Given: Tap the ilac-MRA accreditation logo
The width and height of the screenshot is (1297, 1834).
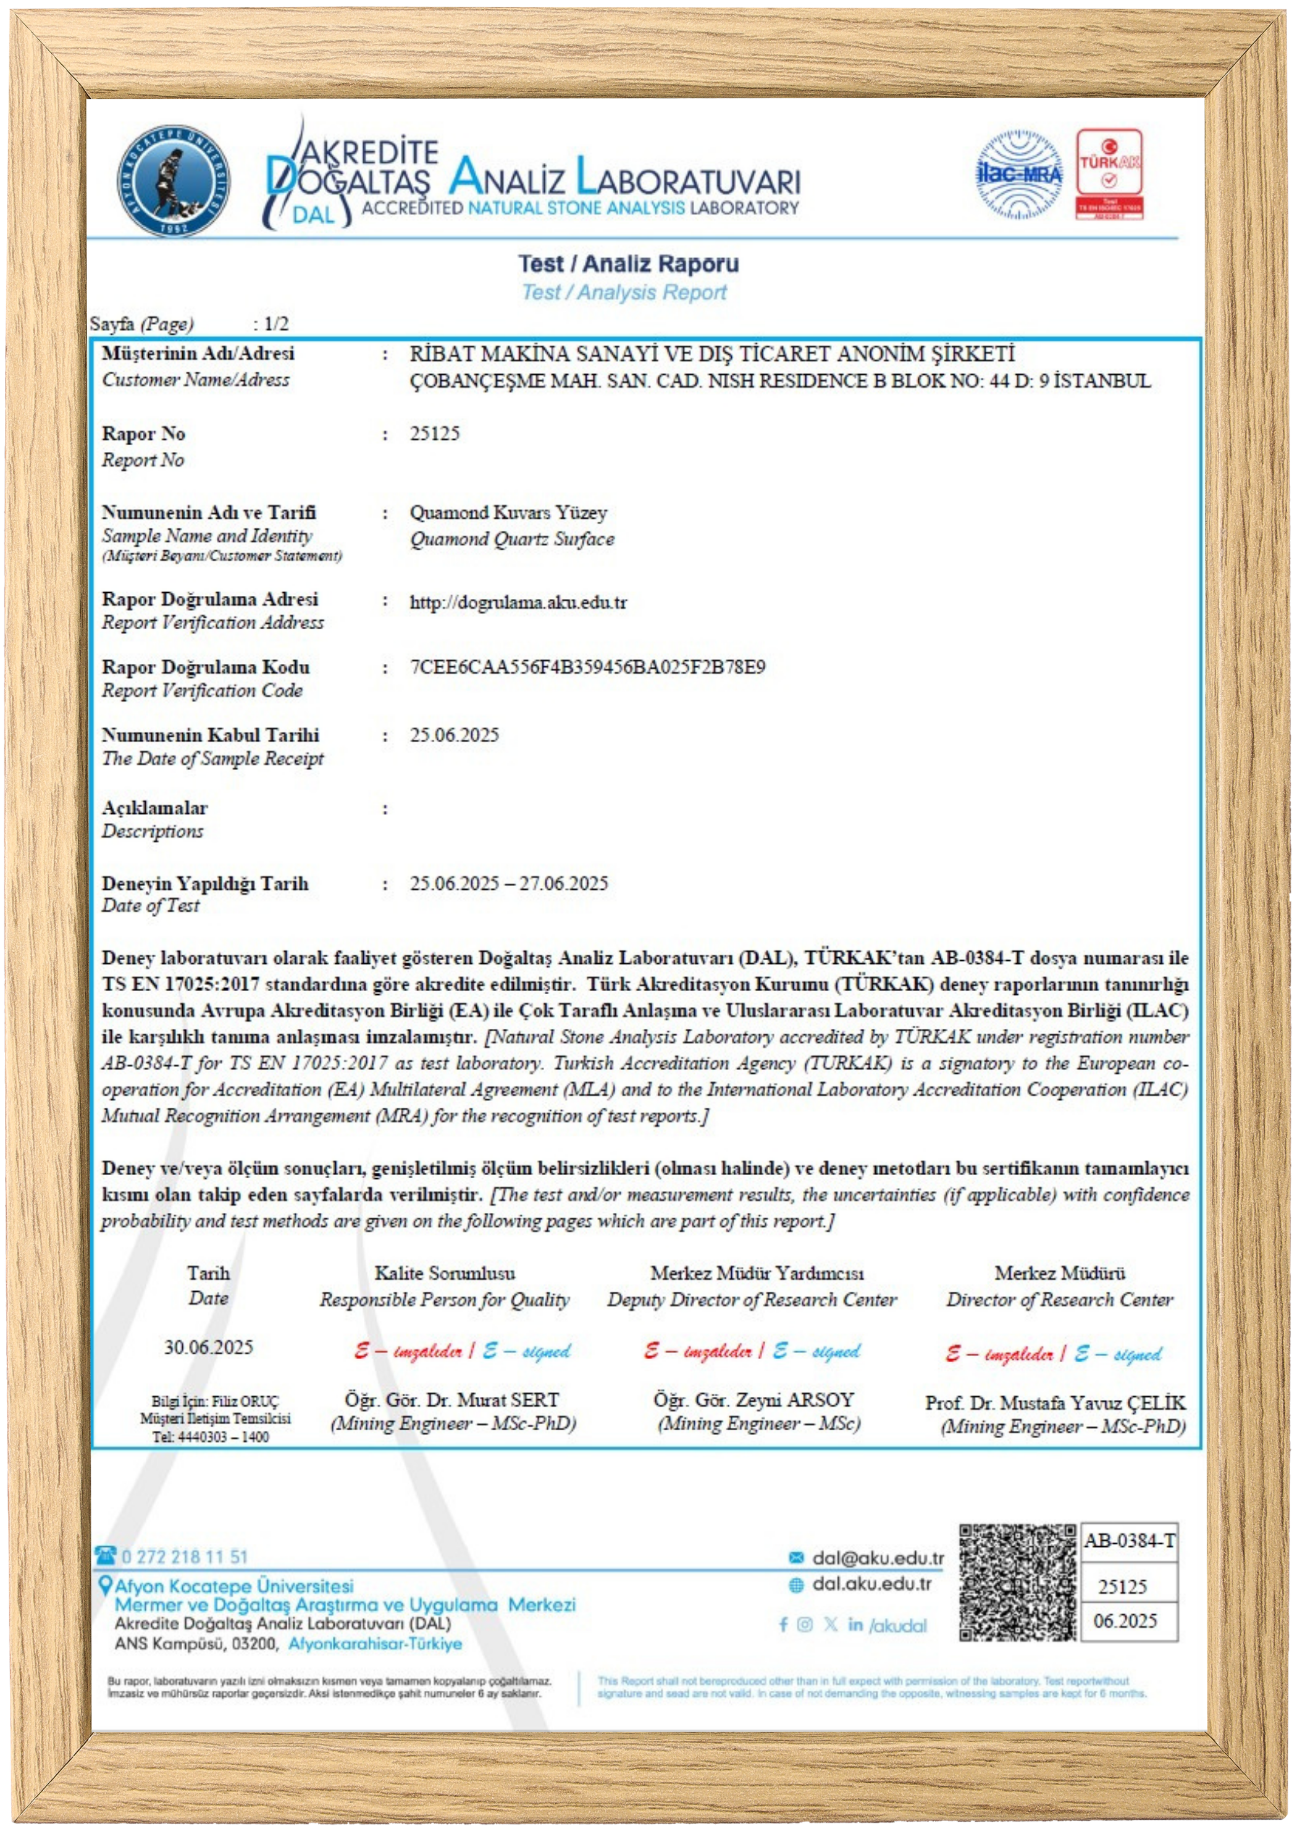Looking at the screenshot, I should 1019,175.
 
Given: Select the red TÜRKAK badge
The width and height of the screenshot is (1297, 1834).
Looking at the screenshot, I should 1109,174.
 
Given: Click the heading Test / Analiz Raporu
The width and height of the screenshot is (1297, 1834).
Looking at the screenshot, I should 628,264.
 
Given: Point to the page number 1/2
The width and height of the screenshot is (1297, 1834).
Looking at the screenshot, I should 277,324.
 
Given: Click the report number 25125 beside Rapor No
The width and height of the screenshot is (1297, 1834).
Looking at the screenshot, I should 435,433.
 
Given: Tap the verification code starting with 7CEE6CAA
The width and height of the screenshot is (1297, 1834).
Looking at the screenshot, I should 587,667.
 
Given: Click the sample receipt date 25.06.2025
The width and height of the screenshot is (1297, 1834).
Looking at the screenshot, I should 454,735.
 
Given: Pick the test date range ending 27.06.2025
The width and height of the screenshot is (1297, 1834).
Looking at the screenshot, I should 509,884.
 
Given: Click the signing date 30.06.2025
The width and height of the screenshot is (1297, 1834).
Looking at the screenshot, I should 209,1347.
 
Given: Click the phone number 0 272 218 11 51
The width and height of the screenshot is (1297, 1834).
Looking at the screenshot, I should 185,1557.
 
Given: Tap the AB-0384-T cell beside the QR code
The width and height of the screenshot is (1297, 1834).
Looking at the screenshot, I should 1128,1541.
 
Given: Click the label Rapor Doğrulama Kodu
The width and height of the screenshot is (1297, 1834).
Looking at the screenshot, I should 206,667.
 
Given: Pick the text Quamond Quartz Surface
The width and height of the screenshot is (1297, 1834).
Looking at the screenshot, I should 512,539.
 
